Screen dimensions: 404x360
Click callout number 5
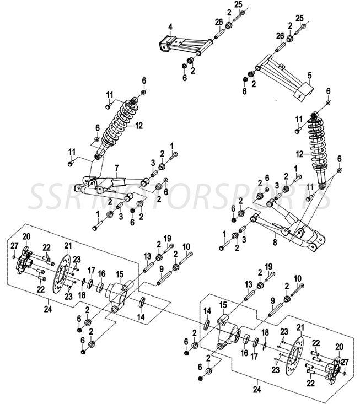(310, 74)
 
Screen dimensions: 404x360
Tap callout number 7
(116, 167)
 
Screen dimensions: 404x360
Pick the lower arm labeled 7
(110, 182)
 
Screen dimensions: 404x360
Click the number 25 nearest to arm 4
(238, 4)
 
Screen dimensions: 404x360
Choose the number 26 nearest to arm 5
(280, 36)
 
